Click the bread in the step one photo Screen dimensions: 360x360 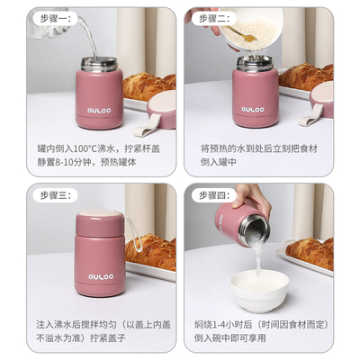point(148,86)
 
